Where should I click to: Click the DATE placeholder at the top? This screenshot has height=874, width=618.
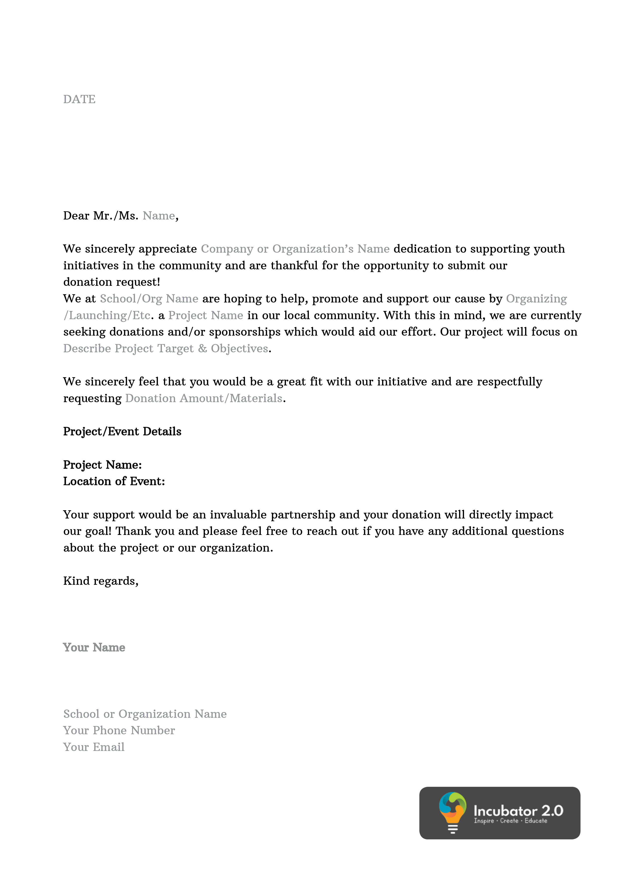click(x=79, y=99)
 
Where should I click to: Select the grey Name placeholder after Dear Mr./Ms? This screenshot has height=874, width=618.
click(x=159, y=216)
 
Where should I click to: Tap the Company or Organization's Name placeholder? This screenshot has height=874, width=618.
click(x=295, y=249)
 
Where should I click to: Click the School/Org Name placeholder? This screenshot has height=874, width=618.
click(x=149, y=299)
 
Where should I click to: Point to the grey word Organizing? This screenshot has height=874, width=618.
click(x=536, y=299)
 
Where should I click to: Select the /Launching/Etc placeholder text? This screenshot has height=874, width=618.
click(x=107, y=316)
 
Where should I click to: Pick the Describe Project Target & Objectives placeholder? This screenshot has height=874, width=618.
click(x=166, y=349)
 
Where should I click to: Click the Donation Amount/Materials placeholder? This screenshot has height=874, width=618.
click(x=204, y=399)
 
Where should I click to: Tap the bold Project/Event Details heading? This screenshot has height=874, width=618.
click(x=122, y=432)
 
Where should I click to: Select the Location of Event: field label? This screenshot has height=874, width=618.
click(x=114, y=482)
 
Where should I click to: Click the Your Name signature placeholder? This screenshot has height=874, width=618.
click(x=94, y=648)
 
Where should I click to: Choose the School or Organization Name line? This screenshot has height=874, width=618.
click(x=145, y=714)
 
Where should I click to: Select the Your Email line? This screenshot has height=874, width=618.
click(x=94, y=747)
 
